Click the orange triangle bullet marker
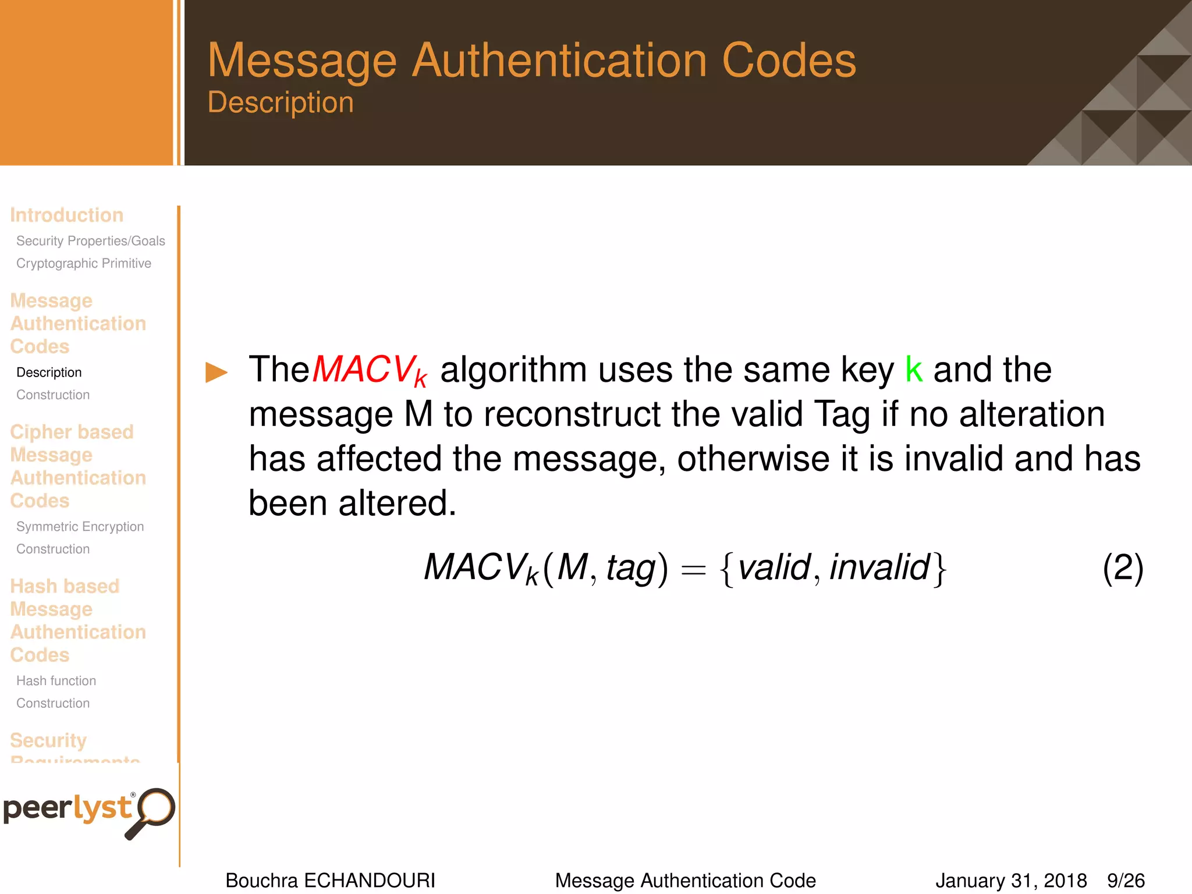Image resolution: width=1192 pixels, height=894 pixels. click(x=216, y=372)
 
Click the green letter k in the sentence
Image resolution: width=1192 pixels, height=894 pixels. click(x=914, y=369)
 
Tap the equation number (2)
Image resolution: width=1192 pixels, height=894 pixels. click(x=1123, y=567)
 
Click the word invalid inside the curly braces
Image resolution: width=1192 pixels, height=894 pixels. click(x=879, y=567)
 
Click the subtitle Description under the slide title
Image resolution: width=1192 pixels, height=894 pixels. click(x=281, y=102)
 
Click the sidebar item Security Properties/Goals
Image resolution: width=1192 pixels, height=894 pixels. click(x=91, y=241)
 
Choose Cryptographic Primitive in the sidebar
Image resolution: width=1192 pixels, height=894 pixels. click(x=84, y=264)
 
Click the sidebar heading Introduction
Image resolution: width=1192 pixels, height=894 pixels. click(x=67, y=215)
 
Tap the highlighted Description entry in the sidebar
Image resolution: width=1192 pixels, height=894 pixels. click(x=49, y=372)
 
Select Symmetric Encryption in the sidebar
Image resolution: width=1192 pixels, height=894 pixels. click(x=80, y=527)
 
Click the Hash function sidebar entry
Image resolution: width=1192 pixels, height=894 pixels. click(x=56, y=681)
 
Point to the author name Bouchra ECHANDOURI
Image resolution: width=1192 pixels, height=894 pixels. click(x=330, y=881)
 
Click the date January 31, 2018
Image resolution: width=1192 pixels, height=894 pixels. click(x=1011, y=881)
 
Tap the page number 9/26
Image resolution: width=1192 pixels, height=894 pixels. click(x=1126, y=881)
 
